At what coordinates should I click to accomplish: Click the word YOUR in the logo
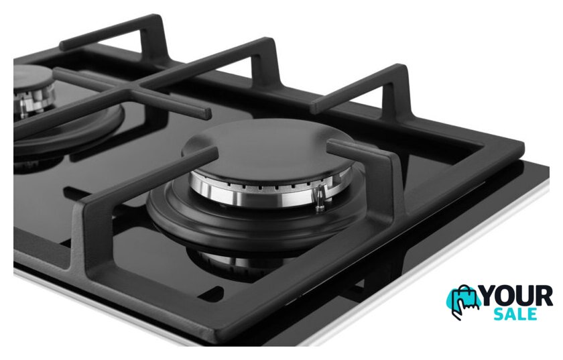pos(517,296)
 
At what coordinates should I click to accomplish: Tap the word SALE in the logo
pos(515,314)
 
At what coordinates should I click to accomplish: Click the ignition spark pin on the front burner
pos(319,198)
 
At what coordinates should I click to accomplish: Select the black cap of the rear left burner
pos(32,76)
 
